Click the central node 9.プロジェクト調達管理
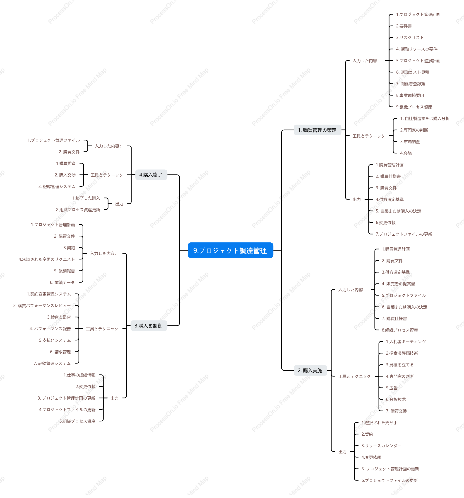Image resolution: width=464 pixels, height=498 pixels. pyautogui.click(x=230, y=250)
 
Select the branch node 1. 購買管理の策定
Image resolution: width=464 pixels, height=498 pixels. pyautogui.click(x=317, y=130)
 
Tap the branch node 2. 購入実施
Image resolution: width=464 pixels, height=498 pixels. pyautogui.click(x=310, y=370)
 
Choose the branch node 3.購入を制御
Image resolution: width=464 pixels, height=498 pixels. pyautogui.click(x=149, y=326)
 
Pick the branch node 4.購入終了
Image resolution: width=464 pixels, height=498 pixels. pyautogui.click(x=151, y=175)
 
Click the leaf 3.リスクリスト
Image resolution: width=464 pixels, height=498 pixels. pyautogui.click(x=410, y=38)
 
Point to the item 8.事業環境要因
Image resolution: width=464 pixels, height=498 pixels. pyautogui.click(x=410, y=95)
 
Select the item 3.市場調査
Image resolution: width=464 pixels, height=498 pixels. pyautogui.click(x=410, y=142)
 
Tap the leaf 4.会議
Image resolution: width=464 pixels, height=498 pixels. pyautogui.click(x=406, y=153)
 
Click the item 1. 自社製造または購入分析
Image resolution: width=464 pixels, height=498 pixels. pyautogui.click(x=425, y=118)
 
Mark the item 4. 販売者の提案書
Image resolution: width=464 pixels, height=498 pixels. pyautogui.click(x=398, y=284)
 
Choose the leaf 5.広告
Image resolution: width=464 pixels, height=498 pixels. pyautogui.click(x=392, y=388)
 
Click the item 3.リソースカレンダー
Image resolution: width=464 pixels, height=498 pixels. pyautogui.click(x=381, y=446)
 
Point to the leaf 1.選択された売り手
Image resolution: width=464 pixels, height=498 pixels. pyautogui.click(x=380, y=423)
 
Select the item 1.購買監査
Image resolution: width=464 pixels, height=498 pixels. pyautogui.click(x=66, y=163)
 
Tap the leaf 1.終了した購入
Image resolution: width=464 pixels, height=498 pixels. pyautogui.click(x=86, y=198)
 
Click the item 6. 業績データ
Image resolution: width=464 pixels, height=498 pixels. pyautogui.click(x=62, y=282)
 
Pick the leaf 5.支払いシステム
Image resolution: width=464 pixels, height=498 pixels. pyautogui.click(x=55, y=340)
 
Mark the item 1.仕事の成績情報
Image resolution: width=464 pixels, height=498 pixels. pyautogui.click(x=79, y=375)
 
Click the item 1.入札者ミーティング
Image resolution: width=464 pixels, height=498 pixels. pyautogui.click(x=406, y=342)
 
